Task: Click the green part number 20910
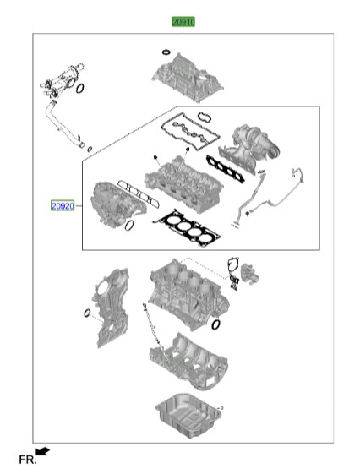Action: (x=183, y=22)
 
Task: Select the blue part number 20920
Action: (x=63, y=205)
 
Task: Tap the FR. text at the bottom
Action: (x=26, y=460)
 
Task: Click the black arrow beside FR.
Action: (x=43, y=453)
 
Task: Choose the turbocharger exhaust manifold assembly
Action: (x=257, y=143)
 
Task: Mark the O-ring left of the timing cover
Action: (x=86, y=314)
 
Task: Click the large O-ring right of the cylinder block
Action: (x=217, y=324)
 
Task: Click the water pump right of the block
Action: (x=248, y=273)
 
